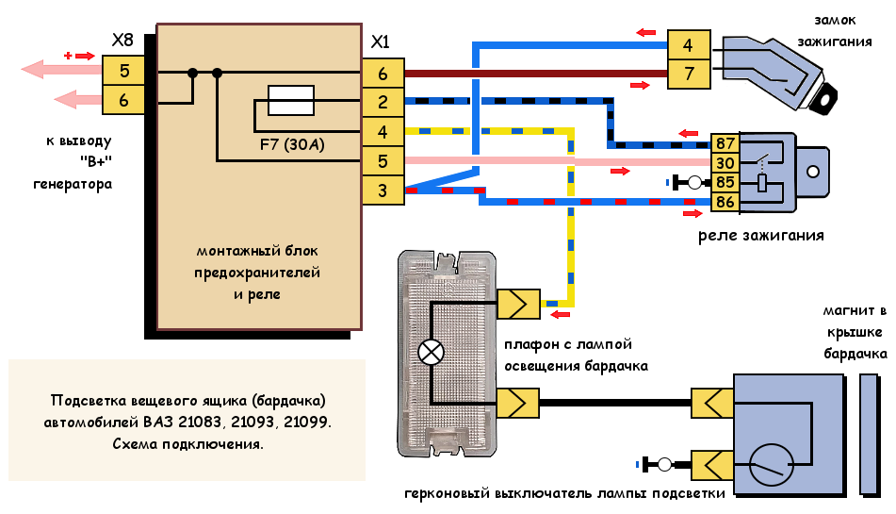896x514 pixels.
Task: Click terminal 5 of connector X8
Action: pyautogui.click(x=123, y=70)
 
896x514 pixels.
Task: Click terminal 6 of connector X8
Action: pyautogui.click(x=123, y=98)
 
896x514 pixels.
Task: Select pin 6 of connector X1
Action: pyautogui.click(x=383, y=74)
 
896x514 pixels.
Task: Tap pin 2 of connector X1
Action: pyautogui.click(x=383, y=102)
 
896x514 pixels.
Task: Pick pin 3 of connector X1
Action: pyautogui.click(x=383, y=191)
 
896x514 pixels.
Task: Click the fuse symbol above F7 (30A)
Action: pyautogui.click(x=291, y=95)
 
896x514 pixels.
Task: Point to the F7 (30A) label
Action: pyautogui.click(x=291, y=146)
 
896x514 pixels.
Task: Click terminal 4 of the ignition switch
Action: pyautogui.click(x=689, y=45)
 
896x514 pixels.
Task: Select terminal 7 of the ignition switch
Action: pyautogui.click(x=689, y=74)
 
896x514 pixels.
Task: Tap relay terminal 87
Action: pyautogui.click(x=725, y=144)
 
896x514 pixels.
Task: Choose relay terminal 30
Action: pyautogui.click(x=725, y=163)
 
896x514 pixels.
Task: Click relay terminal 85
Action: pyautogui.click(x=725, y=182)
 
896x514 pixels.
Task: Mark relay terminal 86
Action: pyautogui.click(x=725, y=202)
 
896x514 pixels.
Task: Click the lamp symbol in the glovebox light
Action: pyautogui.click(x=431, y=353)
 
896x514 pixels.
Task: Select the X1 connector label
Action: pyautogui.click(x=381, y=42)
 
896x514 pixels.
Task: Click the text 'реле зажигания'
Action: pyautogui.click(x=761, y=235)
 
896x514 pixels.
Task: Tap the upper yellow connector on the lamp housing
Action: pyautogui.click(x=519, y=304)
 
